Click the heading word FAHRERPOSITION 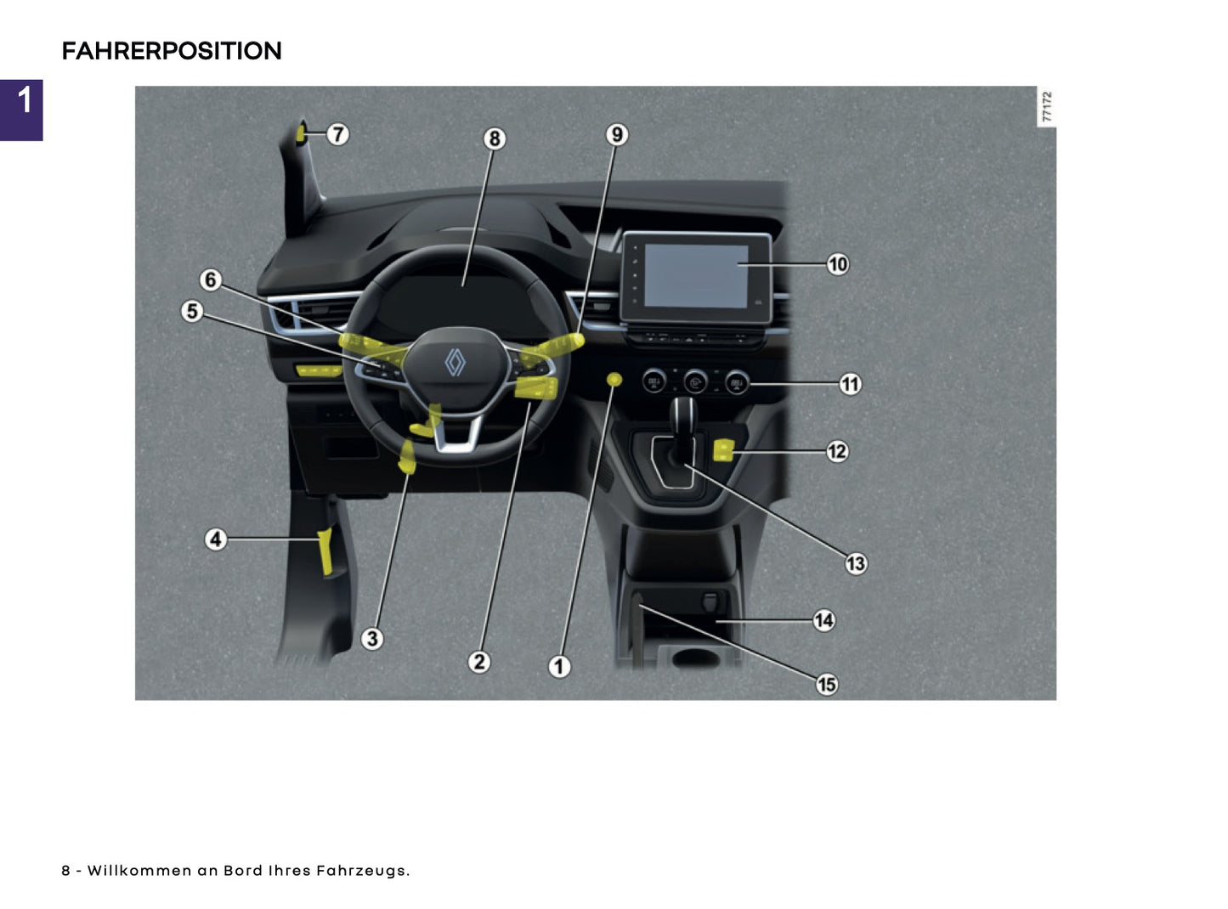171,51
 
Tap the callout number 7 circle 337,134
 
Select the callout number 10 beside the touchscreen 837,264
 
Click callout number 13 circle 855,563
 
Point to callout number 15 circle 826,684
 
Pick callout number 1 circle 558,666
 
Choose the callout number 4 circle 216,539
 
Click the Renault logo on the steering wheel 456,363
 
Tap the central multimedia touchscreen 695,276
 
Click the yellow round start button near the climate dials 614,379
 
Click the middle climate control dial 695,382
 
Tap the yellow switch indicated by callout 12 723,450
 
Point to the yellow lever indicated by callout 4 325,552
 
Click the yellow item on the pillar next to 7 300,133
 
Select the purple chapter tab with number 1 21,110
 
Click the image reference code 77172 1047,106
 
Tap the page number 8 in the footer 65,871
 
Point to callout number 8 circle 494,138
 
